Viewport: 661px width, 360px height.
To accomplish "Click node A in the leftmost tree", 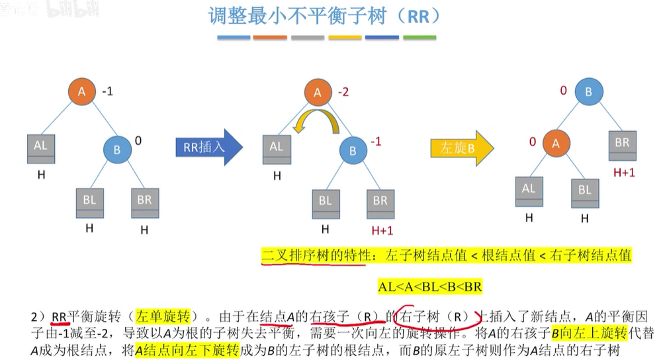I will (82, 92).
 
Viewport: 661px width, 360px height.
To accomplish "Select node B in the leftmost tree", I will (117, 150).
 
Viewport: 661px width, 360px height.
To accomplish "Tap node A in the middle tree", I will (317, 93).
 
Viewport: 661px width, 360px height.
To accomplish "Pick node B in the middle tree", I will (353, 151).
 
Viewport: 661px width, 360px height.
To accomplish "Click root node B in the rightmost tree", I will (588, 91).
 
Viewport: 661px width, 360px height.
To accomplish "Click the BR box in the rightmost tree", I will (622, 146).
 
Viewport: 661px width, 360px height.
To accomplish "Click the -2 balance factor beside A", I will (343, 92).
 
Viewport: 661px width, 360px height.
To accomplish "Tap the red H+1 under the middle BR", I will (382, 230).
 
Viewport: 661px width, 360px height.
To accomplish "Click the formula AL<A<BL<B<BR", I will (430, 287).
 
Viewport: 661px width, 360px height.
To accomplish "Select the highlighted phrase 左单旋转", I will (163, 317).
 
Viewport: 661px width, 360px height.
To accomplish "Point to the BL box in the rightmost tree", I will (585, 194).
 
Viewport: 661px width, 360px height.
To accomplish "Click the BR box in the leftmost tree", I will (145, 202).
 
